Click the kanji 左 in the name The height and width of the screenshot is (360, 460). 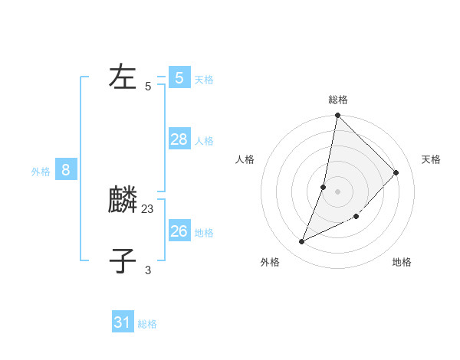click(123, 77)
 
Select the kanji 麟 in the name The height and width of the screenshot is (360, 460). click(123, 201)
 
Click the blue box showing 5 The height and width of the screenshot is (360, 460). click(179, 77)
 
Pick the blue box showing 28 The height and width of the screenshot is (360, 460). click(179, 139)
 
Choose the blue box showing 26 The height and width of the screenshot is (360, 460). click(179, 231)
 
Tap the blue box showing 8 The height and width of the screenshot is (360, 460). click(66, 170)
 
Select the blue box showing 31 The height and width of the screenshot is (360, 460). click(123, 322)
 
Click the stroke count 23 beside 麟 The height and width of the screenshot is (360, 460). click(148, 208)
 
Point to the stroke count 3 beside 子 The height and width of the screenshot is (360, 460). click(148, 270)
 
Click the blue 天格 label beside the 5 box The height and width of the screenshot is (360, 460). click(204, 80)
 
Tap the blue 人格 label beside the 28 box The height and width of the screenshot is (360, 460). click(204, 141)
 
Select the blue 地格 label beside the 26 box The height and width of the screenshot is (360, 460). click(204, 233)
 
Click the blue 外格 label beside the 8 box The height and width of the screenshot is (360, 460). click(41, 172)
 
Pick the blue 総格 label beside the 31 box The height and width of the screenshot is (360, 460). click(147, 325)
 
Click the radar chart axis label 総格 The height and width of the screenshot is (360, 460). click(338, 100)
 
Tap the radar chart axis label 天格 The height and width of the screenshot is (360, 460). click(431, 159)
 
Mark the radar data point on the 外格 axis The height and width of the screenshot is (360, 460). click(302, 242)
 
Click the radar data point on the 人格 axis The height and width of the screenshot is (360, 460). click(324, 187)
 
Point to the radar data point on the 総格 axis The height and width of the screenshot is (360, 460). click(338, 116)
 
